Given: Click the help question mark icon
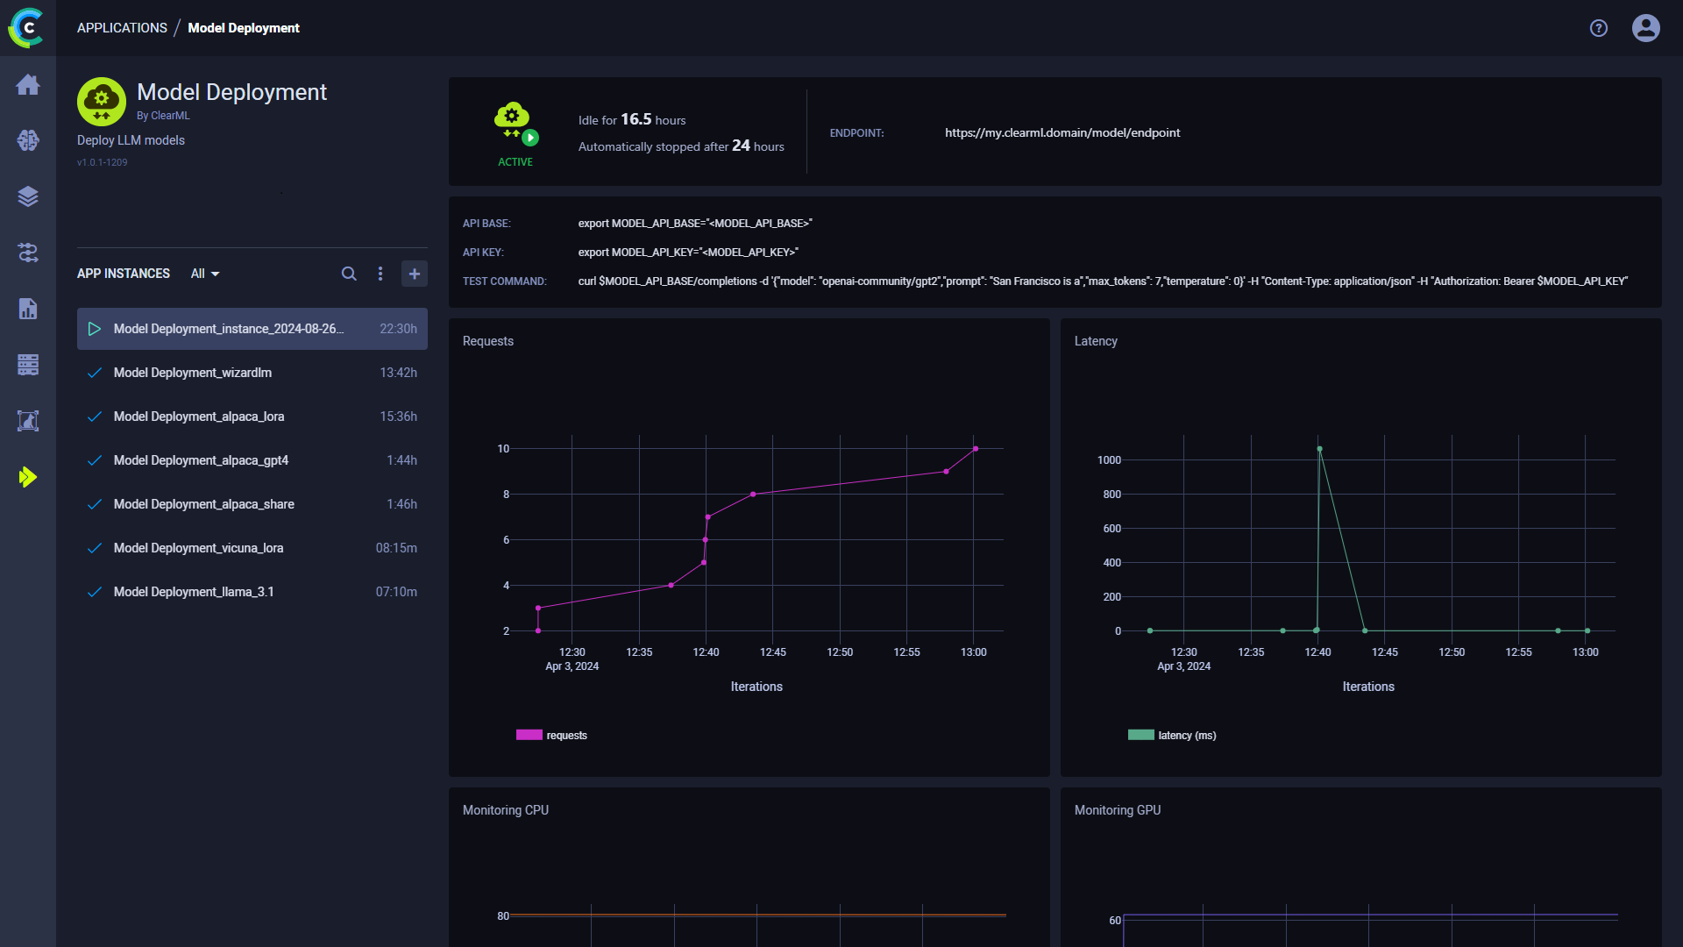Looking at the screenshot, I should click(1598, 28).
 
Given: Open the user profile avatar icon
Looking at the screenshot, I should click(1645, 28).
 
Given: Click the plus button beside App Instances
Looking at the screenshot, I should click(415, 274).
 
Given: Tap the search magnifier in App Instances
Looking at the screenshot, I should click(349, 274).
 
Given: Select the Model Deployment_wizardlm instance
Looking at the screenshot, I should click(193, 373).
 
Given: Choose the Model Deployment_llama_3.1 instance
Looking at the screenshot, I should click(194, 592).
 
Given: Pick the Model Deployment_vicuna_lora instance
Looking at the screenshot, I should click(198, 548).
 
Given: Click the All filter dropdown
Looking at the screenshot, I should click(205, 274).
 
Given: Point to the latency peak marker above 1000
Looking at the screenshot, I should click(1319, 449).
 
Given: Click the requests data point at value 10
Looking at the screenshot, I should click(976, 449).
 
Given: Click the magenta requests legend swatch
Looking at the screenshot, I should click(529, 735).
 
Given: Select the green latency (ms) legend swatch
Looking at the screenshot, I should click(1140, 735).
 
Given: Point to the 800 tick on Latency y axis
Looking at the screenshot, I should click(1111, 495).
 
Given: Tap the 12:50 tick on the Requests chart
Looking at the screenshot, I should click(840, 652).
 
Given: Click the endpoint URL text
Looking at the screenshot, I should click(1062, 132).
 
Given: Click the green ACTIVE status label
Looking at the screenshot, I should click(515, 162).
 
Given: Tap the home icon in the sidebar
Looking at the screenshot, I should click(28, 84).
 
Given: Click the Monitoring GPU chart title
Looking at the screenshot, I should click(1118, 810).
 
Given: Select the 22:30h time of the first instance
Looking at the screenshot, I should click(398, 329).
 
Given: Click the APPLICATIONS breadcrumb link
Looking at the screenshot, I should click(122, 28).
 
